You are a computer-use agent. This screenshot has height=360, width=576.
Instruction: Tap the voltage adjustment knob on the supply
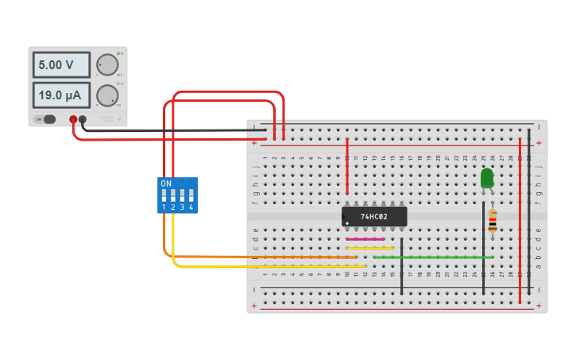(x=106, y=64)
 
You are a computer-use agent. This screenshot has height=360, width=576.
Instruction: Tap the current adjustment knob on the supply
(x=106, y=95)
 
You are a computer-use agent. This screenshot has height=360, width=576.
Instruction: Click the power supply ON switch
(x=48, y=119)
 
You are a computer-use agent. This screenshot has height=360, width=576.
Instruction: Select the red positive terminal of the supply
(x=73, y=119)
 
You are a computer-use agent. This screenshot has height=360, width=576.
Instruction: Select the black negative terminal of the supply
(x=83, y=119)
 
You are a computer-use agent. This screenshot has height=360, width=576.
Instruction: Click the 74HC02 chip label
(x=373, y=216)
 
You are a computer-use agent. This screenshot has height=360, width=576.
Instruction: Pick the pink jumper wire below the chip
(x=365, y=238)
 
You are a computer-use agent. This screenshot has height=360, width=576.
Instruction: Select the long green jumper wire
(x=433, y=257)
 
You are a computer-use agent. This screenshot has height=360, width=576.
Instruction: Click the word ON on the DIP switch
(x=165, y=184)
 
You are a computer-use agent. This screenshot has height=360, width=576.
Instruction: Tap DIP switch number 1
(x=164, y=195)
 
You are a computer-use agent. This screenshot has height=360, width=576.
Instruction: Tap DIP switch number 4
(x=191, y=195)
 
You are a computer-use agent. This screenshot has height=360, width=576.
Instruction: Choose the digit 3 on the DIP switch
(x=182, y=207)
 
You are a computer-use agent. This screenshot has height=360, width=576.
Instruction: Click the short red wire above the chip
(x=347, y=167)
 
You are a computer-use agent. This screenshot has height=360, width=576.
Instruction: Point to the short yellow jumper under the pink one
(x=370, y=248)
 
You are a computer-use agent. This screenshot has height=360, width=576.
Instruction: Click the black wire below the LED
(x=483, y=254)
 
